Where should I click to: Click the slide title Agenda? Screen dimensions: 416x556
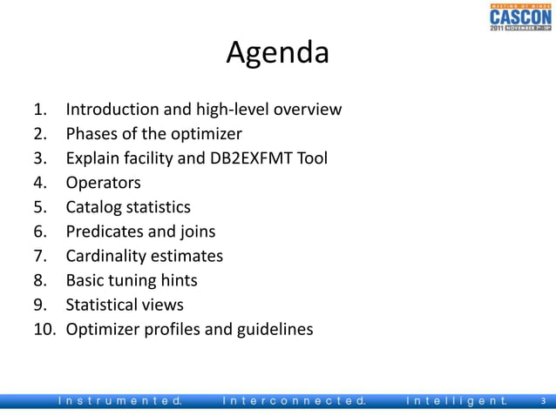coord(277,53)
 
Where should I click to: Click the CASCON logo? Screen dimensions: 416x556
coord(519,17)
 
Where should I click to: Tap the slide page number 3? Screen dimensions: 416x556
coord(543,401)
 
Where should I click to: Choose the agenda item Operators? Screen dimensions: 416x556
coord(103,183)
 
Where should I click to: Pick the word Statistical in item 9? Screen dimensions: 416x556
coord(102,305)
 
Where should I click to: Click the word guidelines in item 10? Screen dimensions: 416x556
coord(272,329)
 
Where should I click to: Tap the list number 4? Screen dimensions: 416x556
coord(39,183)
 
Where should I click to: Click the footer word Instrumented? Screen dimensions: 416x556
coord(119,401)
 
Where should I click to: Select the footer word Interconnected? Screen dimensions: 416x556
coord(294,401)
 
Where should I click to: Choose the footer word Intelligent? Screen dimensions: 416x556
coord(457,401)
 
